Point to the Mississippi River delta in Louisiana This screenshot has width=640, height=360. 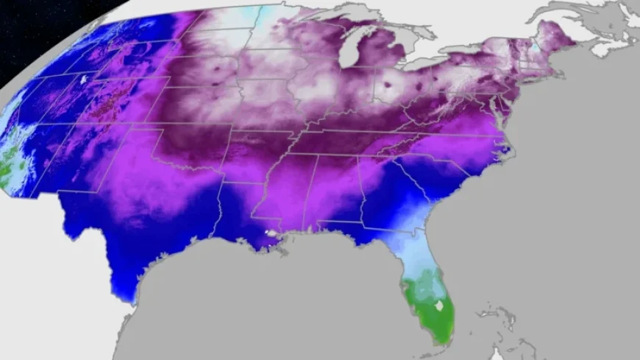275,241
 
